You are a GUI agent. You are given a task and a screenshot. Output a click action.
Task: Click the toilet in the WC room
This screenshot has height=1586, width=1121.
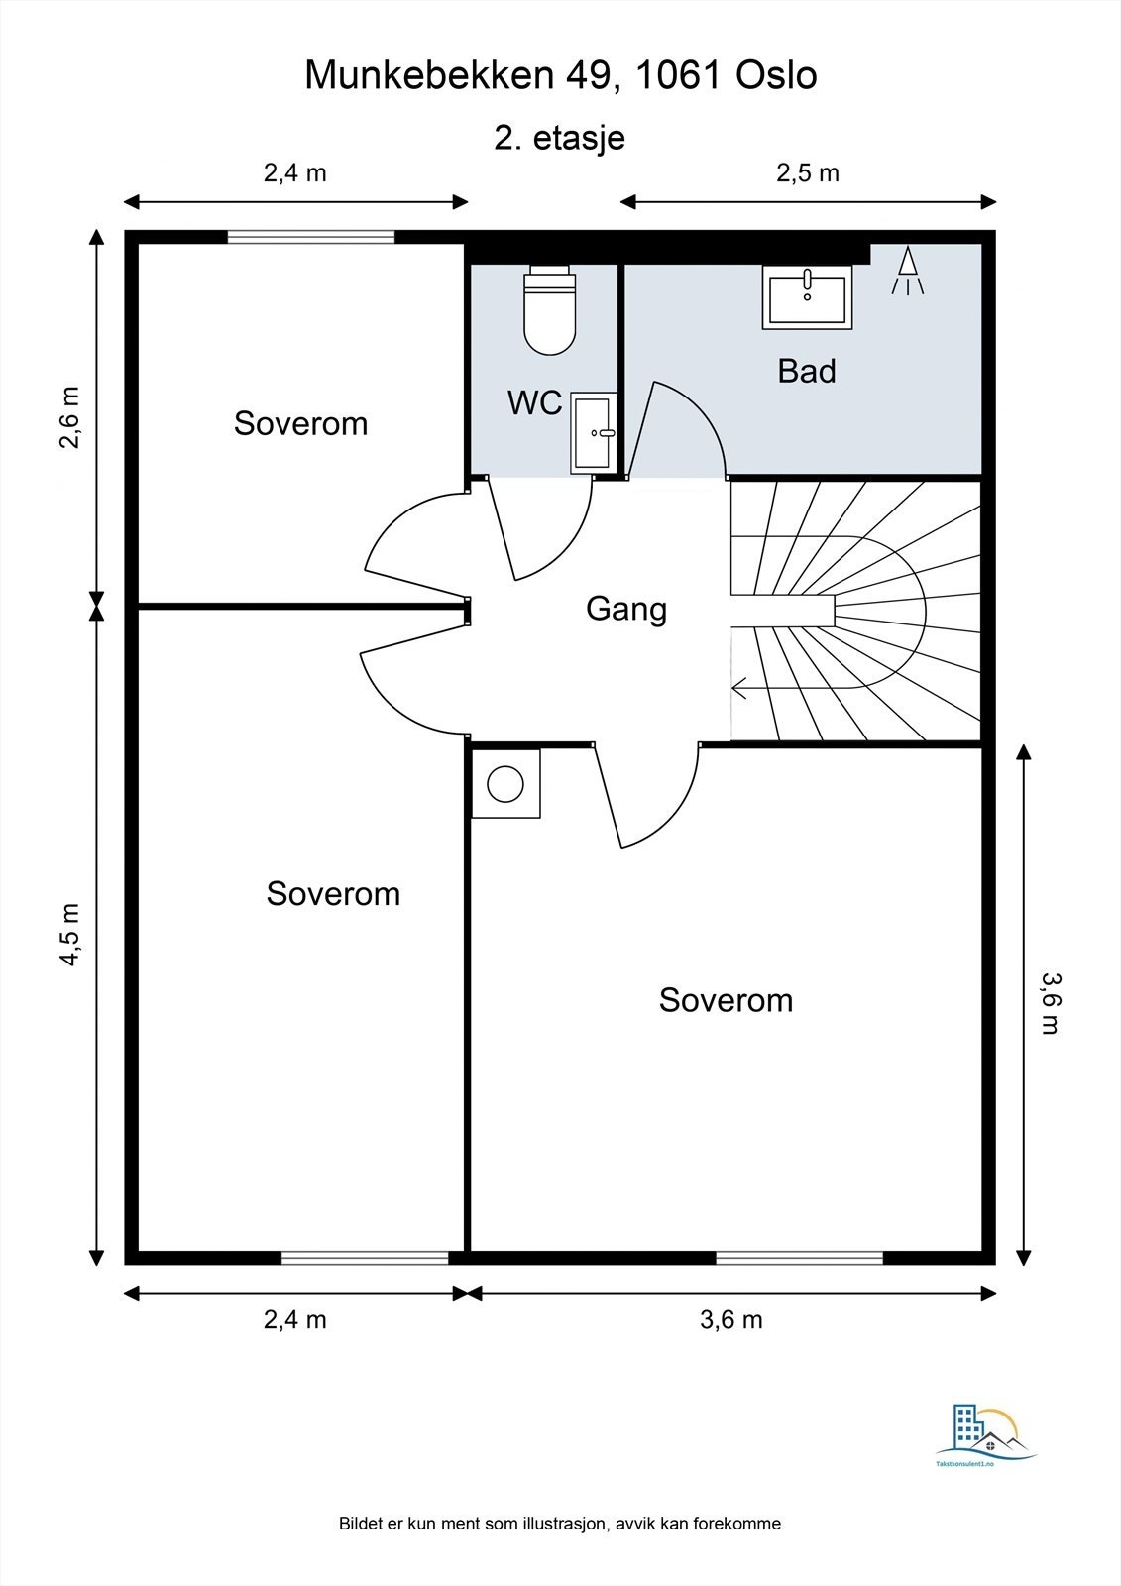(549, 310)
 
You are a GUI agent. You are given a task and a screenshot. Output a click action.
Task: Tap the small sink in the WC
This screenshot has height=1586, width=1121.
(593, 433)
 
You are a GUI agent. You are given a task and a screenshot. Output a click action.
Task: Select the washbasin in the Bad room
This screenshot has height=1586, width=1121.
(807, 297)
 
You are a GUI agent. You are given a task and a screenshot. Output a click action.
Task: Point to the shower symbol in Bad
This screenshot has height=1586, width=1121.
(907, 271)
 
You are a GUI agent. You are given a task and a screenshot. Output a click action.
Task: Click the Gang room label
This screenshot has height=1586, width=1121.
(626, 610)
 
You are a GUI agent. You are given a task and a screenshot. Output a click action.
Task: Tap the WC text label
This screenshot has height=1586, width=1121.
(534, 402)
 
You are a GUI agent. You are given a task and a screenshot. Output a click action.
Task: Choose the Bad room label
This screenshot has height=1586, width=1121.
(807, 371)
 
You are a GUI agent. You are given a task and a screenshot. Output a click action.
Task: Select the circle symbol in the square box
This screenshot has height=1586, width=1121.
(504, 784)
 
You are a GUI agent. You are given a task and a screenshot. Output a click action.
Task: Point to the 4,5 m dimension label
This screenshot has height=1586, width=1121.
(70, 935)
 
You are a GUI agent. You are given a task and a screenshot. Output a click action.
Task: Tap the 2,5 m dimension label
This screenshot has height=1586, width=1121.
(807, 172)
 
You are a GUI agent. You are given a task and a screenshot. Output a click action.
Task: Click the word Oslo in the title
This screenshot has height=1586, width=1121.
(777, 75)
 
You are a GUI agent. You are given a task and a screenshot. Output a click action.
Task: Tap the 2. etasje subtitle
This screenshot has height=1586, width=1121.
(559, 138)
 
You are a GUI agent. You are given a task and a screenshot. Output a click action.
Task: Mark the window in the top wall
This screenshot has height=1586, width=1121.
(310, 237)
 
